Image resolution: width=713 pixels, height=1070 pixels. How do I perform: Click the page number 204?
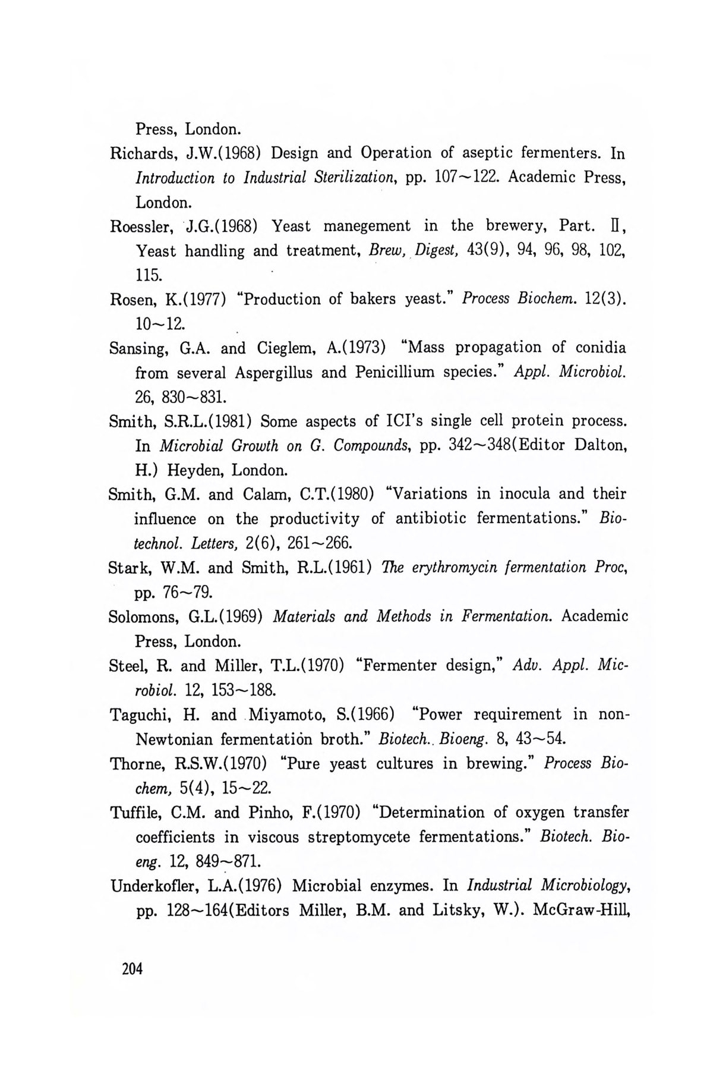click(132, 969)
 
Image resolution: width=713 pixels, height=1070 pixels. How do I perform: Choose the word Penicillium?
click(397, 373)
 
